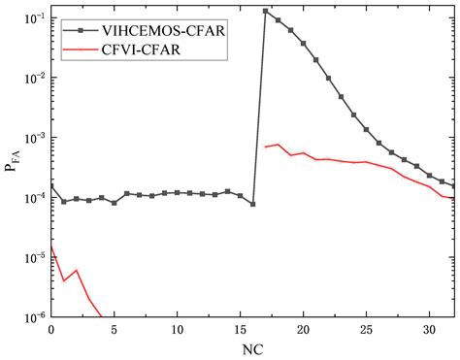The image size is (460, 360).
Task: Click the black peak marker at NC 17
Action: pyautogui.click(x=266, y=12)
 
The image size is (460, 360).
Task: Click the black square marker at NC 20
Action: pyautogui.click(x=304, y=44)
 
